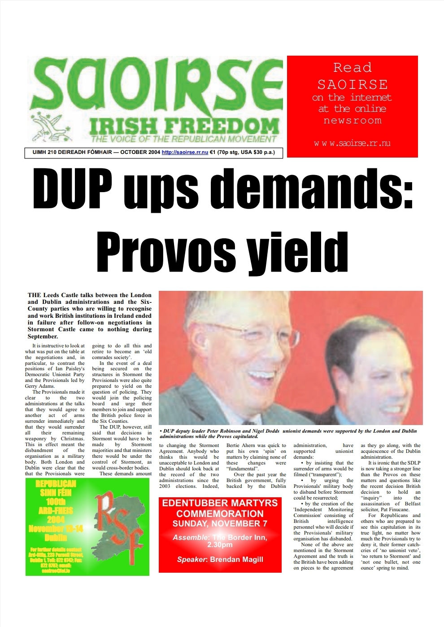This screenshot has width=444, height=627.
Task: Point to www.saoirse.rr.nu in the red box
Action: point(352,143)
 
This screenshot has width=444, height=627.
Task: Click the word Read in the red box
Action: point(352,68)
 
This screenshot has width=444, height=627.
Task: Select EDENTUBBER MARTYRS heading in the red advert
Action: point(220,503)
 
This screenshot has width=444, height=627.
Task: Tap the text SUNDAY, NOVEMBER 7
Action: point(220,524)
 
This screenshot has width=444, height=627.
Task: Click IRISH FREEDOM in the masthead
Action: point(184,126)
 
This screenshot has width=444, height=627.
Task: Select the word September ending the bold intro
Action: point(43,336)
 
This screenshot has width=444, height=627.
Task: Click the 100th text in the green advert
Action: point(56,501)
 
